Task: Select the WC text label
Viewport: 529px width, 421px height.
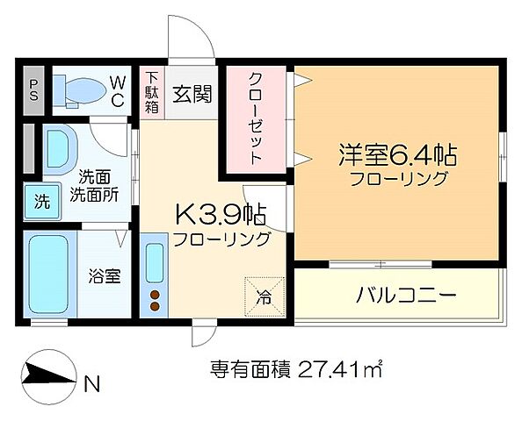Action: pyautogui.click(x=120, y=89)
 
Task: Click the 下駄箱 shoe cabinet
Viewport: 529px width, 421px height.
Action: pyautogui.click(x=152, y=90)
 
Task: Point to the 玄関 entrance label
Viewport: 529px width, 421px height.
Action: pyautogui.click(x=192, y=92)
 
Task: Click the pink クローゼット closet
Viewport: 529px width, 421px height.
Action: pyautogui.click(x=257, y=118)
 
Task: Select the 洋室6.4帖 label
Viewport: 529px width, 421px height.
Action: pyautogui.click(x=398, y=156)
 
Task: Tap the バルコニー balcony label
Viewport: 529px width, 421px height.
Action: pyautogui.click(x=406, y=296)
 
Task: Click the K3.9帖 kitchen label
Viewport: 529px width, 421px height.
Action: pyautogui.click(x=221, y=213)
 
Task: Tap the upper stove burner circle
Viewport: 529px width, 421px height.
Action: pyautogui.click(x=156, y=294)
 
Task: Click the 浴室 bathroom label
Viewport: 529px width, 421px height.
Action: pyautogui.click(x=105, y=275)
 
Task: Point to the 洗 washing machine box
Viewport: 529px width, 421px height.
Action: pyautogui.click(x=41, y=201)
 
